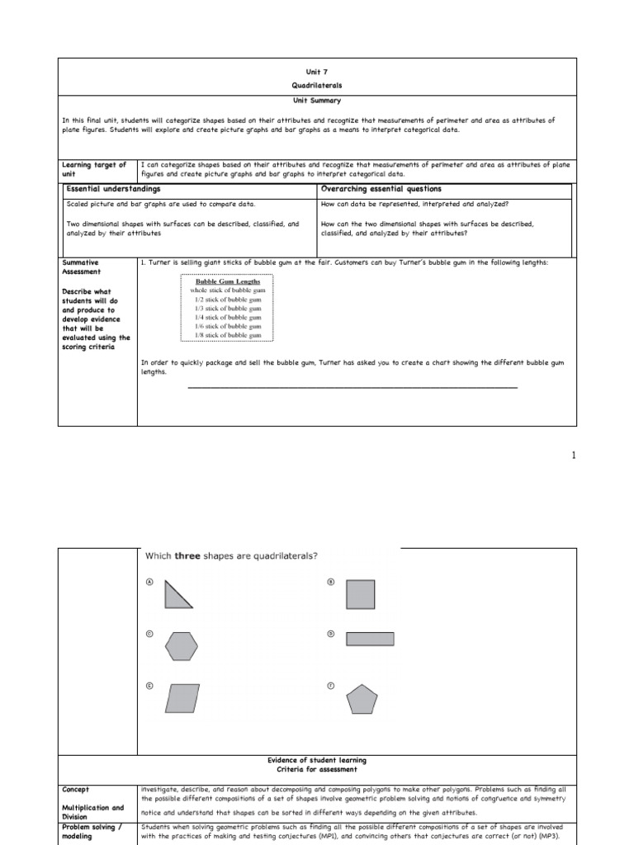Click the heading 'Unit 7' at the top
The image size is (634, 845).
point(317,73)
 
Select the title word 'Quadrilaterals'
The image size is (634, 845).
point(317,87)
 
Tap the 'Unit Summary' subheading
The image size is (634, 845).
point(317,101)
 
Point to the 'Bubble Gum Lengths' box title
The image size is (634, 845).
point(227,281)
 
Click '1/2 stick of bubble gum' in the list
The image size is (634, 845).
point(227,300)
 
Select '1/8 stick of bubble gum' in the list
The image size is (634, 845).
point(227,336)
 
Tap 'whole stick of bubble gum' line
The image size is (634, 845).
point(227,290)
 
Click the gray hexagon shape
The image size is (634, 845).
point(181,646)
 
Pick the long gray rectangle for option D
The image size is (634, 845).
point(370,638)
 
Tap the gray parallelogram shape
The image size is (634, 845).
point(182,697)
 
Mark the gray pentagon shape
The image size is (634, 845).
point(362,699)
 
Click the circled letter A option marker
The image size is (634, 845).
point(149,582)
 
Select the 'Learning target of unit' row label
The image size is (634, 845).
point(94,169)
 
